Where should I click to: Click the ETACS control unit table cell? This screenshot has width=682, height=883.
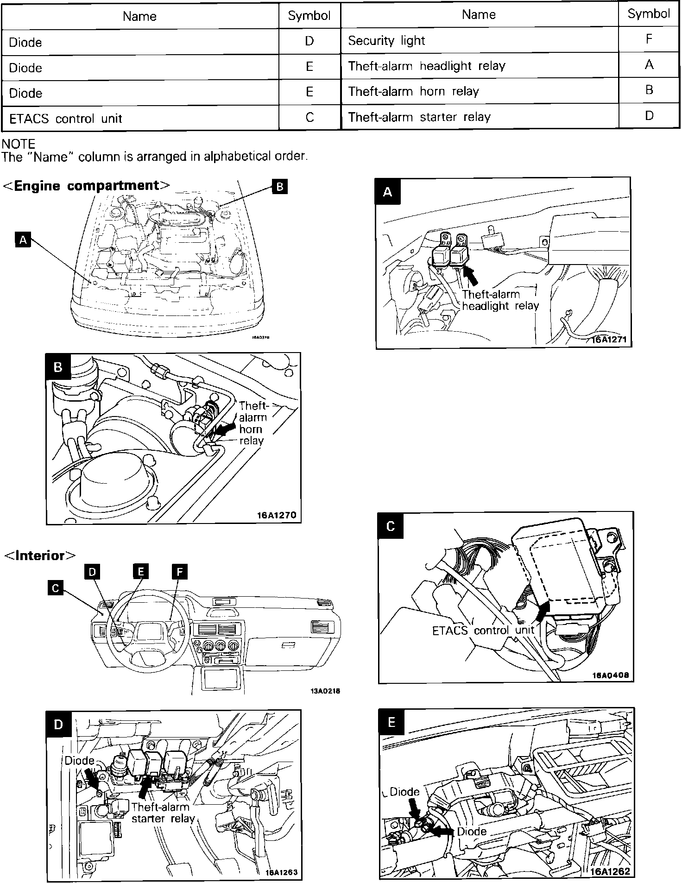(65, 118)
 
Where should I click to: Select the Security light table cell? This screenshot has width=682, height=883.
(386, 41)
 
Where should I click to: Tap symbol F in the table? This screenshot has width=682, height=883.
(649, 39)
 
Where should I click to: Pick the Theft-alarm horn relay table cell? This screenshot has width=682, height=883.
(413, 91)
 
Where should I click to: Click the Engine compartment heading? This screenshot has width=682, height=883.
(87, 186)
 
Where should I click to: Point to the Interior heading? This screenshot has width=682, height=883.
(40, 555)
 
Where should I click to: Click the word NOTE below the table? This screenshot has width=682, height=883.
(19, 144)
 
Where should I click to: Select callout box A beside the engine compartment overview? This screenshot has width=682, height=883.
(23, 240)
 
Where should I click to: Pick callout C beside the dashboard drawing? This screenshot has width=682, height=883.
(55, 588)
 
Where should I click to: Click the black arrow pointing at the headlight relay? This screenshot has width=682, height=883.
(471, 276)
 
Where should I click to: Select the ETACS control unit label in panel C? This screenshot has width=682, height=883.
(483, 631)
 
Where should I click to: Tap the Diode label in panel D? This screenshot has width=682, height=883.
(79, 760)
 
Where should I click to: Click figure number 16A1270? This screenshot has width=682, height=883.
(277, 515)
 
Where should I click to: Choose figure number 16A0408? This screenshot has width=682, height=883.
(610, 675)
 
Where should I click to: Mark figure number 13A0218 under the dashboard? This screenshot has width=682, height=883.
(325, 691)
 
